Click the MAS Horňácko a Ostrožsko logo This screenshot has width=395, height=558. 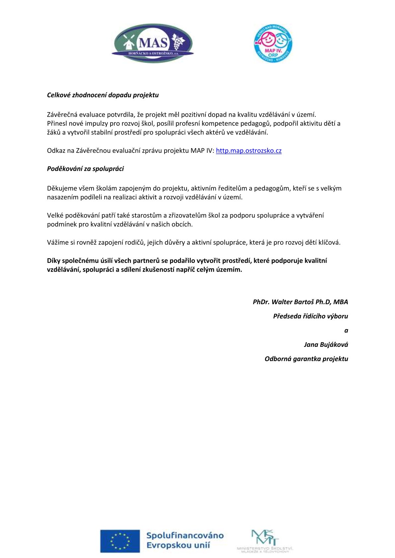pos(153,43)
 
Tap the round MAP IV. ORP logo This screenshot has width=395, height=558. pos(273,44)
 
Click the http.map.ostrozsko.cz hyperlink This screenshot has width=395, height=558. pos(249,151)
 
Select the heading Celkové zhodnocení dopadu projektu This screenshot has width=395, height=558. pos(103,95)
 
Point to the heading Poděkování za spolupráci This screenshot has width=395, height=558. pos(85,169)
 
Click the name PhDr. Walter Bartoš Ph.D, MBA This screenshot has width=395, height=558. pos(300,302)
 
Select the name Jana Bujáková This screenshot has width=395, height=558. pos(326,344)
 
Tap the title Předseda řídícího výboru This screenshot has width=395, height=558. pos(310,316)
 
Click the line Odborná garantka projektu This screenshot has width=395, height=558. pos(306,359)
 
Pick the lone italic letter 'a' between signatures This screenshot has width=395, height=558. pos(346,330)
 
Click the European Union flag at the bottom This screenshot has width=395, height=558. pos(120,541)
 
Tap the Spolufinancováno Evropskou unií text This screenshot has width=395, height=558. pos(185,540)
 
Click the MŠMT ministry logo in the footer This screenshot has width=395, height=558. pos(265,541)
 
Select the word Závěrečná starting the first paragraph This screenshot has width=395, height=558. pos(62,115)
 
